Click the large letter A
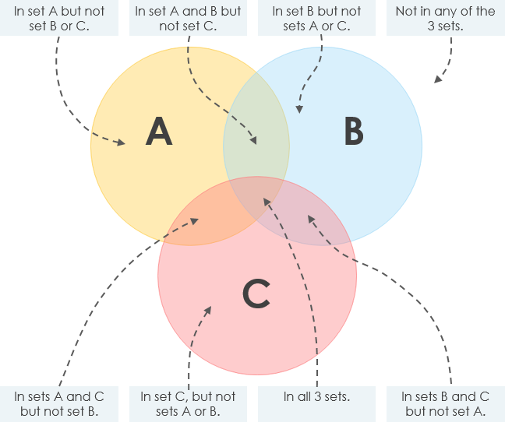click(x=159, y=132)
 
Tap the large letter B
click(x=354, y=132)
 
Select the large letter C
click(x=256, y=294)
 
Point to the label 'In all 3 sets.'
click(x=316, y=396)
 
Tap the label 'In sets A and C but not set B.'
click(x=59, y=403)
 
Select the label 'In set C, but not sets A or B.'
click(x=188, y=403)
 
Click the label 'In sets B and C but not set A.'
click(x=445, y=403)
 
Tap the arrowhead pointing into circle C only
click(x=209, y=308)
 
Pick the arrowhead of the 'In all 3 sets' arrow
click(x=267, y=201)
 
